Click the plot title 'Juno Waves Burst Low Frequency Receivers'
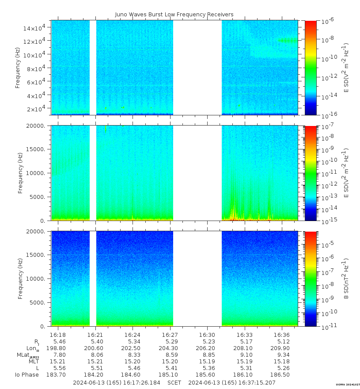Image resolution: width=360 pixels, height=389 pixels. tap(174, 15)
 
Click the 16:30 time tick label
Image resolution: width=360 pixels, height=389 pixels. tap(207, 335)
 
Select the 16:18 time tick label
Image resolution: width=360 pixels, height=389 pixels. tap(58, 335)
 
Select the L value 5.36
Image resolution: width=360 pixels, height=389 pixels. tap(207, 368)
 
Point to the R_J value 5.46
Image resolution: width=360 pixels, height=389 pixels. tap(59, 342)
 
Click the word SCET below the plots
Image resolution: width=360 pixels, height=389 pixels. tap(174, 382)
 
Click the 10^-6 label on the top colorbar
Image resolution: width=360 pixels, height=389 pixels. tap(328, 21)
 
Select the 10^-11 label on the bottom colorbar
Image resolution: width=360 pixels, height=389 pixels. tap(328, 327)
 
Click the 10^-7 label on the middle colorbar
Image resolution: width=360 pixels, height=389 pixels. tap(328, 127)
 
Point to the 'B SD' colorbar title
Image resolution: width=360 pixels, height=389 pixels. tap(346, 279)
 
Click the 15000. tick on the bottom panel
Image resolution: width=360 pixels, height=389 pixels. tap(37, 255)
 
